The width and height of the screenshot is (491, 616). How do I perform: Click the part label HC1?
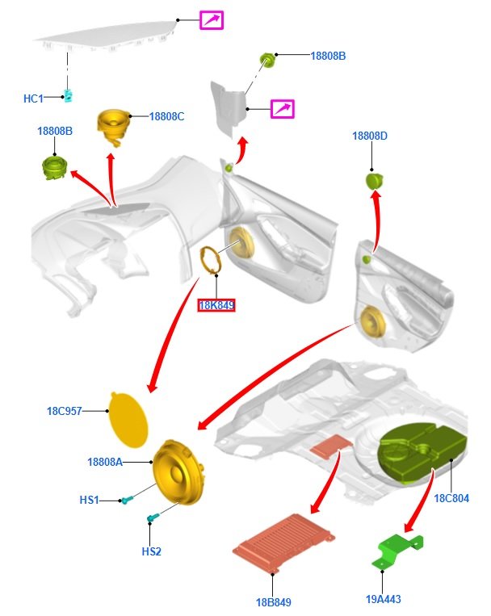32,98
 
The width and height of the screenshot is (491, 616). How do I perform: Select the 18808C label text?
166,116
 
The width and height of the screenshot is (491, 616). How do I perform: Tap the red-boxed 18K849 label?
216,306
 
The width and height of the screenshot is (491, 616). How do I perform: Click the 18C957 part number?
65,411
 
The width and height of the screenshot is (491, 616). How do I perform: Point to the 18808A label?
105,462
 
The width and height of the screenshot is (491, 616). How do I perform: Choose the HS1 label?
89,500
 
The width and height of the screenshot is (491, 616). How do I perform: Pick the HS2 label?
151,551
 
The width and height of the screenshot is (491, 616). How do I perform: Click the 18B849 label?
273,602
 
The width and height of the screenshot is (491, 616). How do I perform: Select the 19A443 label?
383,599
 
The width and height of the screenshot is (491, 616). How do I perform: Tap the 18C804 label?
451,498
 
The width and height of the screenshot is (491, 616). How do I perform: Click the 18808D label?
369,136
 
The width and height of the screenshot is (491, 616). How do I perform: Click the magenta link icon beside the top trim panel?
212,20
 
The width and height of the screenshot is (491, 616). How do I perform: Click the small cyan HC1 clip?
70,95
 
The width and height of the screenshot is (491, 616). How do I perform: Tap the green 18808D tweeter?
374,180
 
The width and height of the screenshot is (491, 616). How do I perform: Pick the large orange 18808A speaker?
183,472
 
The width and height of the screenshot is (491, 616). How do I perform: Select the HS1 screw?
125,501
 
